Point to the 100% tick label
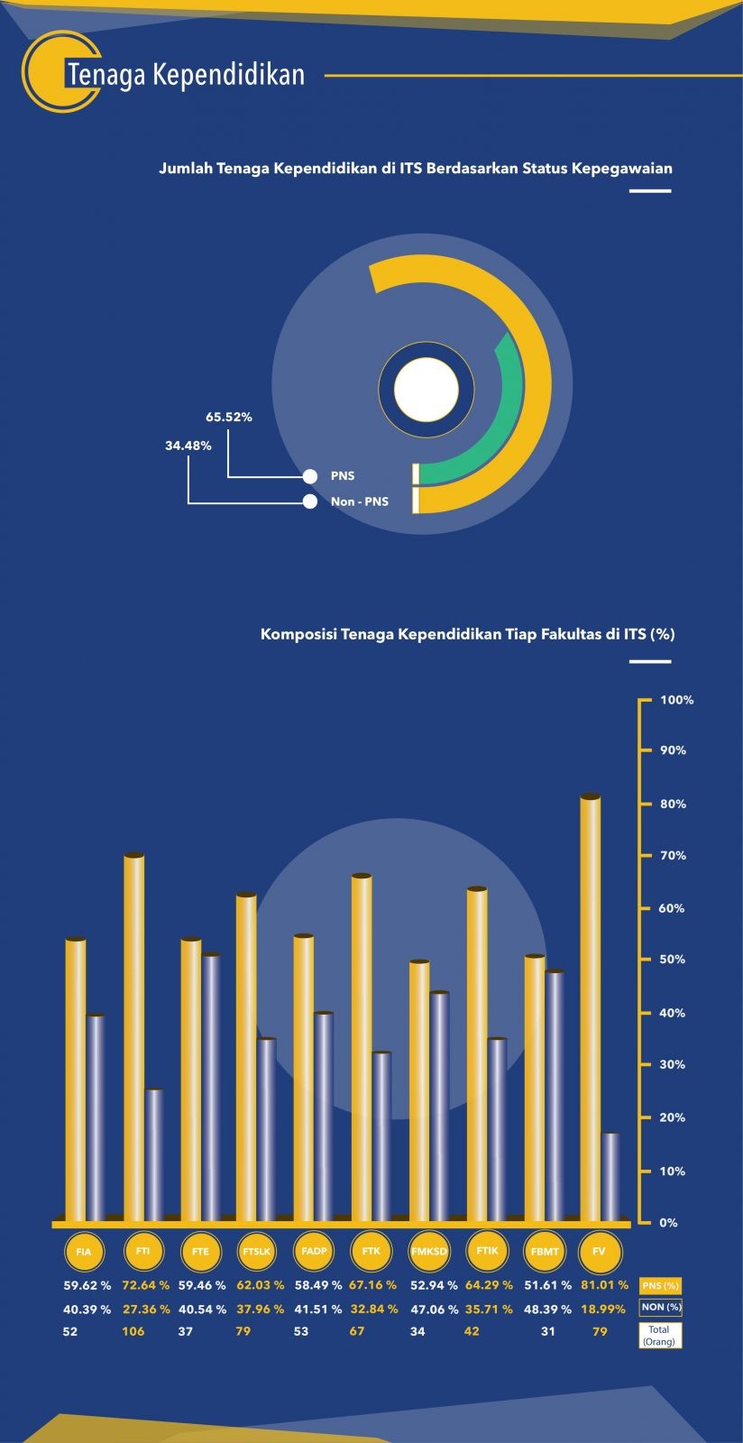point(676,700)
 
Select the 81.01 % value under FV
point(600,1285)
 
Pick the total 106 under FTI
point(133,1331)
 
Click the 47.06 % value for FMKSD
point(434,1309)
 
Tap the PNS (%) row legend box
point(660,1285)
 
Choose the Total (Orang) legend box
point(660,1336)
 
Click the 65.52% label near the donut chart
point(229,418)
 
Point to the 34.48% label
point(188,446)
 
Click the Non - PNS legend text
point(359,501)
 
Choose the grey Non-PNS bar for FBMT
point(555,1096)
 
